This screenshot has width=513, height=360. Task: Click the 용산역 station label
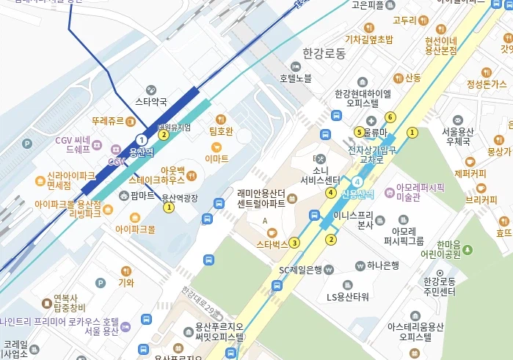tap(141, 153)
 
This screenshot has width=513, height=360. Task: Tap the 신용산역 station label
tap(357, 194)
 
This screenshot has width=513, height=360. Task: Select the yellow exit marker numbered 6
tap(390, 117)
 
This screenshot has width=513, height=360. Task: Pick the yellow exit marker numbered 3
tap(295, 243)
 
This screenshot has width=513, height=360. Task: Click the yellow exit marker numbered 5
tap(359, 132)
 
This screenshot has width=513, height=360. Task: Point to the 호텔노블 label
tap(296, 78)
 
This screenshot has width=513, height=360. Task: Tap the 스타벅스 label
tap(272, 243)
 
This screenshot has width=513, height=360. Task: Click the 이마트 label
tap(217, 158)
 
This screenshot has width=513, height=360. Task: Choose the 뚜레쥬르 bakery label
tap(108, 120)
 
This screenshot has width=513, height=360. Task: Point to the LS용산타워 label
tap(348, 297)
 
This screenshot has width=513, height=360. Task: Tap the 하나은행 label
tap(383, 265)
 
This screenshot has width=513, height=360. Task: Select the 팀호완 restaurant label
tap(221, 132)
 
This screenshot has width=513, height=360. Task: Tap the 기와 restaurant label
tap(125, 283)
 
